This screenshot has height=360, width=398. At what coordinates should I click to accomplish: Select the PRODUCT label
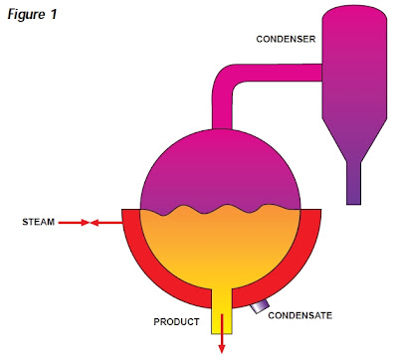click(x=177, y=322)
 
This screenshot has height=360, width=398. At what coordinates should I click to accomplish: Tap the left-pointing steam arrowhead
click(x=96, y=223)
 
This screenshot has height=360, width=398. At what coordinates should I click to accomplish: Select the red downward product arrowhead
click(x=221, y=348)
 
